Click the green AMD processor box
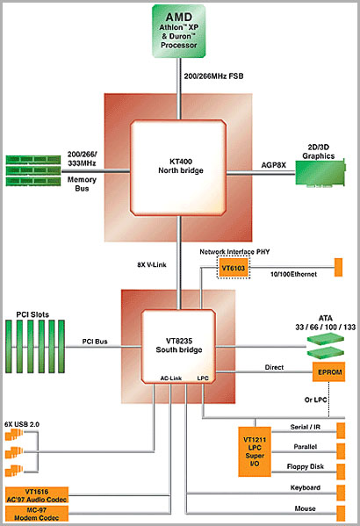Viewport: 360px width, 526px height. (x=178, y=31)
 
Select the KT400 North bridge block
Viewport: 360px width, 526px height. (x=178, y=168)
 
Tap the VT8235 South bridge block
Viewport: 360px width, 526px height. (x=178, y=346)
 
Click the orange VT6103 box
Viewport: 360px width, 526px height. (x=234, y=268)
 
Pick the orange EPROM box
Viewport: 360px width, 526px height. (x=328, y=371)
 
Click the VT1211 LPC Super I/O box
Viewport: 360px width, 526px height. (x=255, y=451)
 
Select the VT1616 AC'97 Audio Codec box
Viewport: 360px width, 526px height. (x=37, y=495)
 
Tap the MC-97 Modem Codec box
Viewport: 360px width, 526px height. (x=37, y=514)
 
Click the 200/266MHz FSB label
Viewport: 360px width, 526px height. (x=213, y=76)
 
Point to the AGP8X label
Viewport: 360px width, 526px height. (x=273, y=165)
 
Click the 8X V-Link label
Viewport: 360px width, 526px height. (x=152, y=264)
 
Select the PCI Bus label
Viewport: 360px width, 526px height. (x=95, y=342)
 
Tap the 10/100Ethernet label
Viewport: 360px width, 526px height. (x=293, y=274)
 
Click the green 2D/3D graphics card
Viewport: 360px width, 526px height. (x=320, y=173)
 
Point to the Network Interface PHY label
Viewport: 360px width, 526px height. (x=234, y=252)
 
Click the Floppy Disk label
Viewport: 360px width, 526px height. (x=306, y=466)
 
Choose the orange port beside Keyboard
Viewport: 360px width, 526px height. (x=341, y=493)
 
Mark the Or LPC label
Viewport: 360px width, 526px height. (x=315, y=400)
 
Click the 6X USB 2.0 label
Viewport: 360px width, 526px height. (x=22, y=424)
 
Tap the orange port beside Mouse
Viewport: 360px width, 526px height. (x=341, y=514)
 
